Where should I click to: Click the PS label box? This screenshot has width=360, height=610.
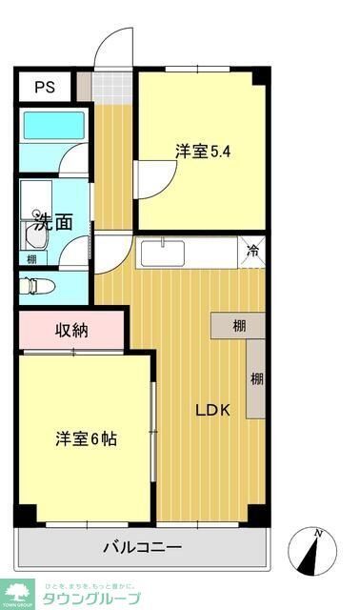(45, 88)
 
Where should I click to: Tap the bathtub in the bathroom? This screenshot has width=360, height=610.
(53, 127)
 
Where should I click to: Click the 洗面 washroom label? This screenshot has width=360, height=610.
(53, 223)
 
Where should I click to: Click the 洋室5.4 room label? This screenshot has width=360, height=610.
(202, 150)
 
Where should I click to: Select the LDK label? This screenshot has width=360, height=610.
(211, 411)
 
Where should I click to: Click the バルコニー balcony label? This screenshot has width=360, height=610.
(142, 548)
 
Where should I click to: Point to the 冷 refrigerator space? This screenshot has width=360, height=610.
(253, 252)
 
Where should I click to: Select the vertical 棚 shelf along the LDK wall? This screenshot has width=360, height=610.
(256, 378)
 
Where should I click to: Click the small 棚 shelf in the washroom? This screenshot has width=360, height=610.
(32, 258)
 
